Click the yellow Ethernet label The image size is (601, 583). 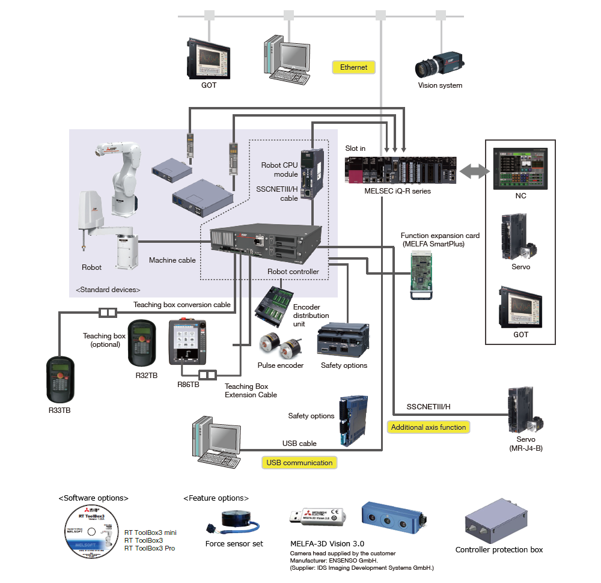click(x=353, y=67)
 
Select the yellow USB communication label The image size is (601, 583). click(x=299, y=463)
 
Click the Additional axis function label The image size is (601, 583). click(x=428, y=427)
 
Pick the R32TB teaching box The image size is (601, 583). click(x=142, y=342)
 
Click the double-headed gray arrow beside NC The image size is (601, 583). click(x=472, y=172)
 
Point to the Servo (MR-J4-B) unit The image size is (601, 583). click(x=521, y=411)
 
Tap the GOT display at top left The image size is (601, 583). click(x=208, y=58)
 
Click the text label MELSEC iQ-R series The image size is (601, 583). click(x=397, y=191)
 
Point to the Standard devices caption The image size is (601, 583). click(x=108, y=290)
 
